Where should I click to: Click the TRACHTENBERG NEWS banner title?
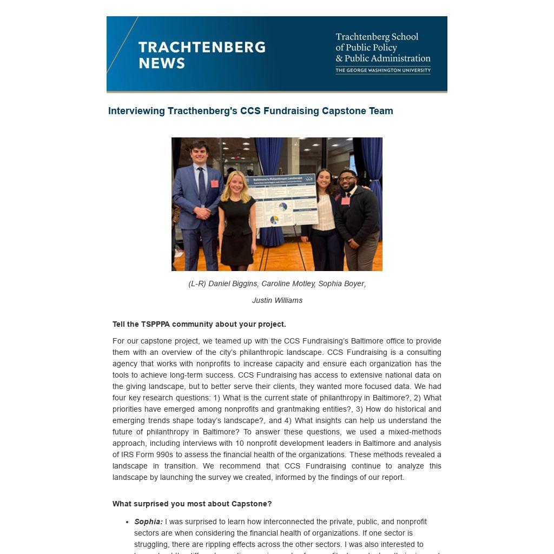[x=201, y=55]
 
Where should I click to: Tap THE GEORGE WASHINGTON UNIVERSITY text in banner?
[x=382, y=70]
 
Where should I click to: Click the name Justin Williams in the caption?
[x=277, y=300]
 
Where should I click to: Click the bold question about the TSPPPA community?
[x=199, y=324]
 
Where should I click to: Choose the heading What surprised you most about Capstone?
[x=192, y=504]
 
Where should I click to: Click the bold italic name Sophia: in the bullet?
[x=148, y=522]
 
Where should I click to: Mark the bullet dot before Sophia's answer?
[x=127, y=522]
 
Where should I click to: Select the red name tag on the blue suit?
[x=214, y=184]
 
